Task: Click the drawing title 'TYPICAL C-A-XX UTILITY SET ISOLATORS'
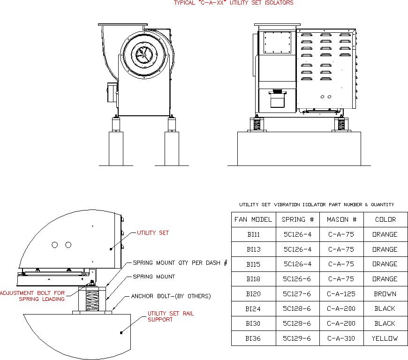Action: point(234,3)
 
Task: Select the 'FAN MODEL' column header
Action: point(253,219)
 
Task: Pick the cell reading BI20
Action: point(253,294)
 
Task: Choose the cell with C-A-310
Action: point(341,338)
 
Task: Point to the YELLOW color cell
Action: point(385,338)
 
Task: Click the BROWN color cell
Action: point(385,294)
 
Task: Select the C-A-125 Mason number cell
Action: point(341,294)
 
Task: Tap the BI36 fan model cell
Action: point(253,338)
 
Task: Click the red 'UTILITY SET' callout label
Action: point(153,232)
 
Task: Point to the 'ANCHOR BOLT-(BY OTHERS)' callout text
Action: point(171,296)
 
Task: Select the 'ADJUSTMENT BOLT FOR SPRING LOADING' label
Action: point(33,296)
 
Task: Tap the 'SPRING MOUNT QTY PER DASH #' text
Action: point(180,263)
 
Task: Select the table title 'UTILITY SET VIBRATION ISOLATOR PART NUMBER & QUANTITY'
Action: point(317,204)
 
